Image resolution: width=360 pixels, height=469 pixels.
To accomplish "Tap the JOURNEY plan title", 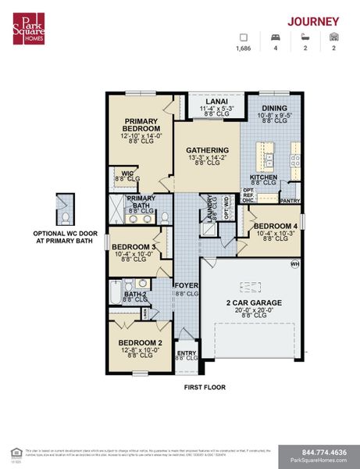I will point(312,21).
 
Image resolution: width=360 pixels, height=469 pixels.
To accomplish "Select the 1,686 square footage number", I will point(244,48).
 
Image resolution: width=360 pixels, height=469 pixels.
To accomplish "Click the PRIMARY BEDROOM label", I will point(141,124).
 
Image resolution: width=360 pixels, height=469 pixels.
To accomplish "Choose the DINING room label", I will point(273,109).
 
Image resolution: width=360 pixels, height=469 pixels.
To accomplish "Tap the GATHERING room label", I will point(206,150).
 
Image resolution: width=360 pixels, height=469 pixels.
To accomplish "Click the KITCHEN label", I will point(263,177).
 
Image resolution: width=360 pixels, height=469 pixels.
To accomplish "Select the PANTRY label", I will point(290,201).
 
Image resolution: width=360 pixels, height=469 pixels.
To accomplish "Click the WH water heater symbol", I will point(296,263).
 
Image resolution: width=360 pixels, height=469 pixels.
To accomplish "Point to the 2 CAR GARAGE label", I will point(254,302).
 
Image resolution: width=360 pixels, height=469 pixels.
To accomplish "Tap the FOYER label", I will point(186,285).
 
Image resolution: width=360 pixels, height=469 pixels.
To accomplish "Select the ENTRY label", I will point(187,353).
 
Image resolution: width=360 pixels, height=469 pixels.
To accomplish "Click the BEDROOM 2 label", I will point(140,342).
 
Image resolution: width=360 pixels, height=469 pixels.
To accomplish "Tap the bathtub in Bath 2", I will point(116,296).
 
